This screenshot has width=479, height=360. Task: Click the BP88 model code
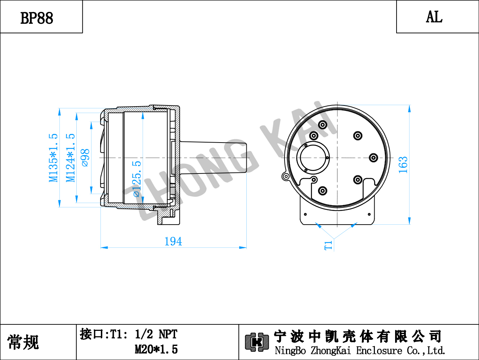[37, 18]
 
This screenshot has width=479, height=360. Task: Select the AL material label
[434, 17]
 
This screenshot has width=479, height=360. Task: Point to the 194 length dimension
[173, 242]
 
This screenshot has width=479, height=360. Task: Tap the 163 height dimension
[403, 165]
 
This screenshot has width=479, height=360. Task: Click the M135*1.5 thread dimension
[53, 158]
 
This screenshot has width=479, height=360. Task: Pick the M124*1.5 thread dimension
[71, 158]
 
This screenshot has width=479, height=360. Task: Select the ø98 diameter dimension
[85, 158]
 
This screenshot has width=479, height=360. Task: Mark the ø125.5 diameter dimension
[137, 179]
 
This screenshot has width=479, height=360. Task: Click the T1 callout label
[328, 245]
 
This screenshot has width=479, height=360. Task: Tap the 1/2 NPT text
[156, 334]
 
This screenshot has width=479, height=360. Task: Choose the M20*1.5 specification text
[156, 349]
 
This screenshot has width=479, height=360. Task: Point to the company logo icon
[257, 342]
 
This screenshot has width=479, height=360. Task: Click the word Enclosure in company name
[379, 351]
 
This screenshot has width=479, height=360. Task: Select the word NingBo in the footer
[290, 351]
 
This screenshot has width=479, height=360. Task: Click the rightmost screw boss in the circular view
[373, 158]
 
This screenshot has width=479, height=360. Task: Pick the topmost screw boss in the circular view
[323, 125]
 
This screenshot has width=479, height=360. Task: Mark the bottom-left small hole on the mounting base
[305, 214]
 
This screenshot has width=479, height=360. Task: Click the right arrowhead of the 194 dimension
[243, 248]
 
